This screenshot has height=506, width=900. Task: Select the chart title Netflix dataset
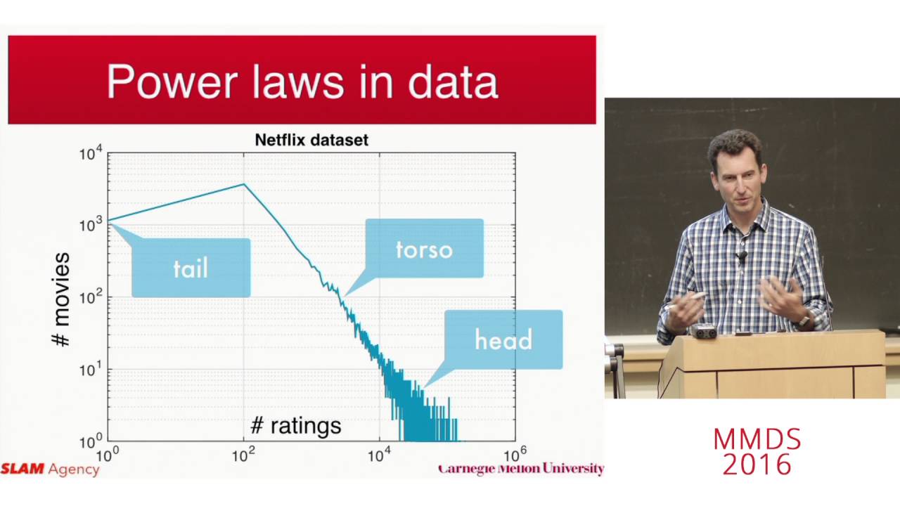[311, 140]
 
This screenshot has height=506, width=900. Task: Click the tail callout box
[191, 268]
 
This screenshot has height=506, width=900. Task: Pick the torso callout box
[424, 248]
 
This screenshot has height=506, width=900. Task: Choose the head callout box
[503, 339]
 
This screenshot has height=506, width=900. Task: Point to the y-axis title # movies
[62, 299]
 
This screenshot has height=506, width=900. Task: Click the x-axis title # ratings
[296, 424]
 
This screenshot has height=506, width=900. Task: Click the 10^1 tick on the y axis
[91, 370]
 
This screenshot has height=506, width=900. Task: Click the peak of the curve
[244, 184]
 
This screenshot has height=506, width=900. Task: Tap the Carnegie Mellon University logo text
[520, 469]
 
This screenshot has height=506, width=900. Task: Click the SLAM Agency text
[50, 469]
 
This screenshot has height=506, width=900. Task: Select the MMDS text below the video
[757, 440]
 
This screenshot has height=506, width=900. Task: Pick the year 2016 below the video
[757, 465]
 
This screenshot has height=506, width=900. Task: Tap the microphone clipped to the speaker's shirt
[741, 257]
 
